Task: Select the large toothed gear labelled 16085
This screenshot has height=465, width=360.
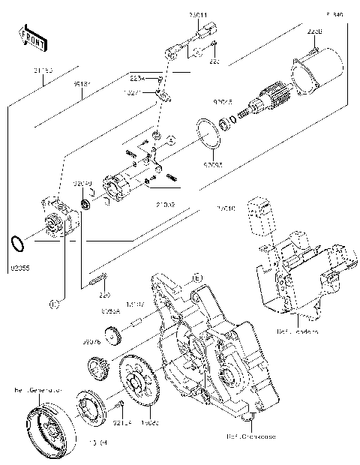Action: coord(139,385)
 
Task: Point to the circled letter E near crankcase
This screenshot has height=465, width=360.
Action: coord(196,278)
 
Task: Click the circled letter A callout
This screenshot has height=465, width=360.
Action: coord(170,140)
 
